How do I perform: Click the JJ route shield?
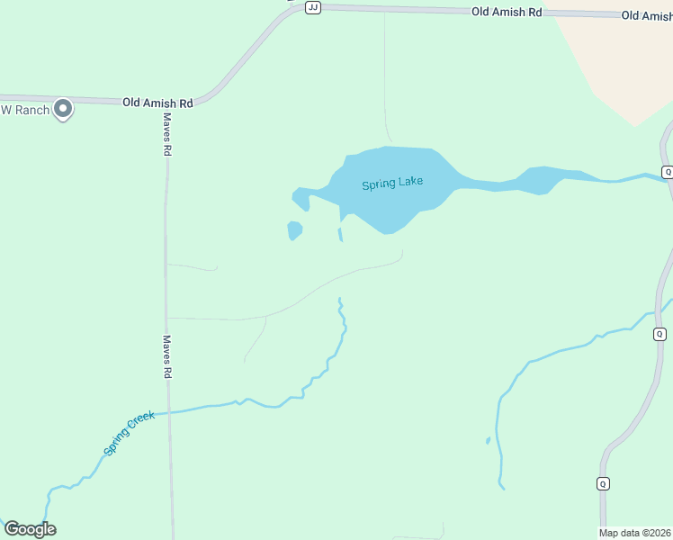pos(313,7)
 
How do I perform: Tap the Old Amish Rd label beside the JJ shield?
pos(507,13)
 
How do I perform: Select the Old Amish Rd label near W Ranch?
pos(158,103)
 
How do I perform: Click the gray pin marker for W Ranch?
pos(63,109)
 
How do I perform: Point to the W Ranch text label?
pos(24,110)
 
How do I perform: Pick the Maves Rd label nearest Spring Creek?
pos(166,356)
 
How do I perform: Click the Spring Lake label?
pos(392,184)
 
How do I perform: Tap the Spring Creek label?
pos(129,432)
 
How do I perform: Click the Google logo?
pos(30,529)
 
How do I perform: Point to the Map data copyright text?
pos(635,533)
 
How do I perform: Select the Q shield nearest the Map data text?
pos(603,483)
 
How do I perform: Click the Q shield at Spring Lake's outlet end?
pos(667,172)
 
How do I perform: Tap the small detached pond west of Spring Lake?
pos(294,230)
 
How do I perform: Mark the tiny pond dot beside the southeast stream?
pos(488,441)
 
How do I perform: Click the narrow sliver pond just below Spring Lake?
pos(340,234)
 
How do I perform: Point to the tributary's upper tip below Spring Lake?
pos(339,300)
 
